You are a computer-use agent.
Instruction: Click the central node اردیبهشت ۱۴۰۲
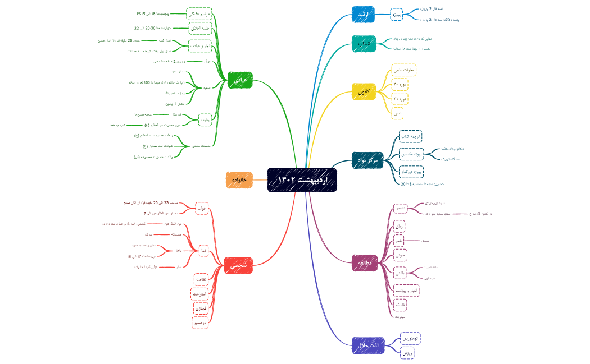click(302, 179)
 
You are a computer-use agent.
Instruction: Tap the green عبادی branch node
click(240, 80)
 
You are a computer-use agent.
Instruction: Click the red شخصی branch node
click(239, 265)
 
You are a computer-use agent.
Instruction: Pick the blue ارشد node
click(363, 15)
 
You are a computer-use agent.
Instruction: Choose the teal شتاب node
click(364, 43)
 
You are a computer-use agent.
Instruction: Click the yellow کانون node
click(364, 91)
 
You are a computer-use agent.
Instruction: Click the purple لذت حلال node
click(367, 345)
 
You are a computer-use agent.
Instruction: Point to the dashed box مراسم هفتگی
click(199, 13)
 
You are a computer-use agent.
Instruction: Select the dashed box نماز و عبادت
click(199, 45)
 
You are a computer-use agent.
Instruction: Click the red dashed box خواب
click(202, 208)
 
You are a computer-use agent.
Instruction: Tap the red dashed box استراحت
click(200, 293)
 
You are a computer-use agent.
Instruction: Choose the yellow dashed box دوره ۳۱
click(400, 99)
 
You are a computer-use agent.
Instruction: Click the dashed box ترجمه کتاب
click(410, 136)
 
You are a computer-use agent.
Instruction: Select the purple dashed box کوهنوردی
click(410, 339)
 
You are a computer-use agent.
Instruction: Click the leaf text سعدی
click(425, 241)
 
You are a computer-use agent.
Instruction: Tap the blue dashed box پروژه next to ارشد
click(397, 15)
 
